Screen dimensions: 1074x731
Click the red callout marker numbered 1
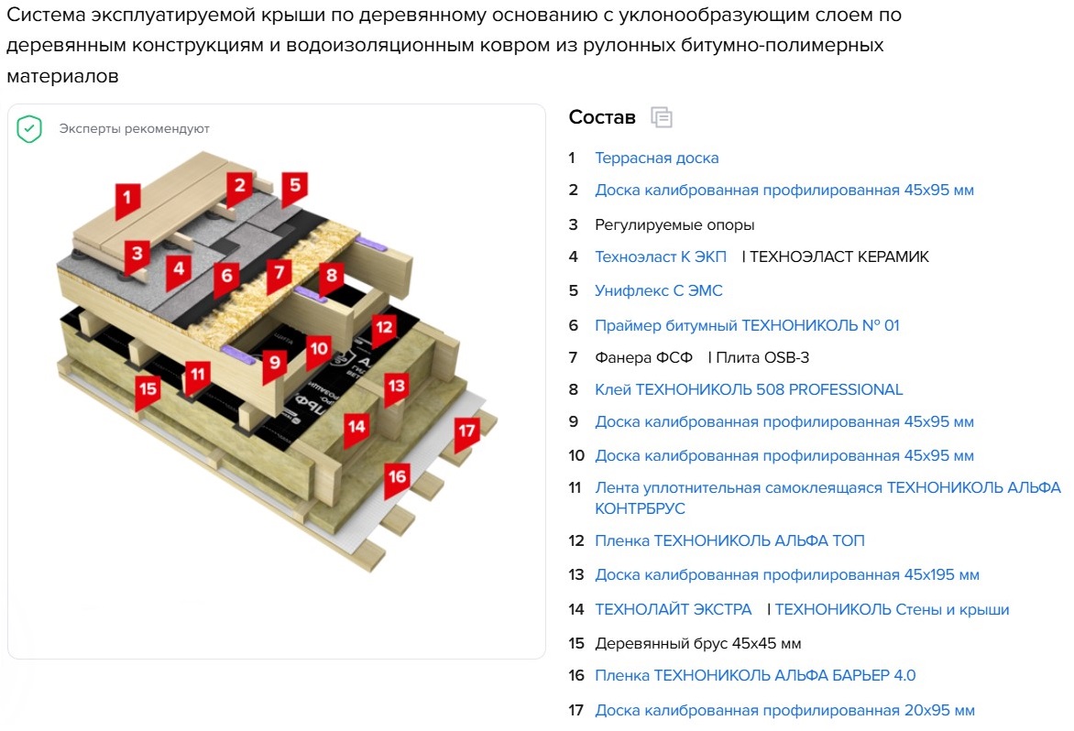pos(127,199)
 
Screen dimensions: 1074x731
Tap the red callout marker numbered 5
pos(294,187)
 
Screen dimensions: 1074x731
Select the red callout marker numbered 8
pos(332,278)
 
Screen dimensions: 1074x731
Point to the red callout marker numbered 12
pos(384,329)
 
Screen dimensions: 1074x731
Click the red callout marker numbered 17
pos(467,432)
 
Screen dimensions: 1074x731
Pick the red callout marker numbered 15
pos(148,391)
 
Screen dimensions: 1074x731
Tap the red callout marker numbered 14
pos(356,429)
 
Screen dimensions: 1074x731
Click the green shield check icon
pos(29,128)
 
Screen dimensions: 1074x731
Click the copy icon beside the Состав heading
pos(662,118)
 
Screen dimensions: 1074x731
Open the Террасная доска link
pos(657,158)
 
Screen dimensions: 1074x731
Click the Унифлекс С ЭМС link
pos(659,291)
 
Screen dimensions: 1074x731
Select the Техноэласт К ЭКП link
pos(661,256)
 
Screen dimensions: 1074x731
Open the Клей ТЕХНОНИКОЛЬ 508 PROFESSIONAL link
pos(749,389)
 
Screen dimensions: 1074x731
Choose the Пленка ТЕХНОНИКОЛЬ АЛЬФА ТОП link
pos(729,540)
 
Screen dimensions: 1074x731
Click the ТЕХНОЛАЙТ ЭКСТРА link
pos(674,609)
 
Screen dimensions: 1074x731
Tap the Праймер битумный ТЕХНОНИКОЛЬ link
pos(747,326)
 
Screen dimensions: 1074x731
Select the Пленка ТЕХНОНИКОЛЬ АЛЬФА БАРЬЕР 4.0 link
pos(755,675)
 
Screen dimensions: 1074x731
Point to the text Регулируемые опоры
pos(674,225)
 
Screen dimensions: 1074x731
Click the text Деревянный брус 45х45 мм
pos(698,643)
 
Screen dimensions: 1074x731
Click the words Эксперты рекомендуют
pos(134,128)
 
